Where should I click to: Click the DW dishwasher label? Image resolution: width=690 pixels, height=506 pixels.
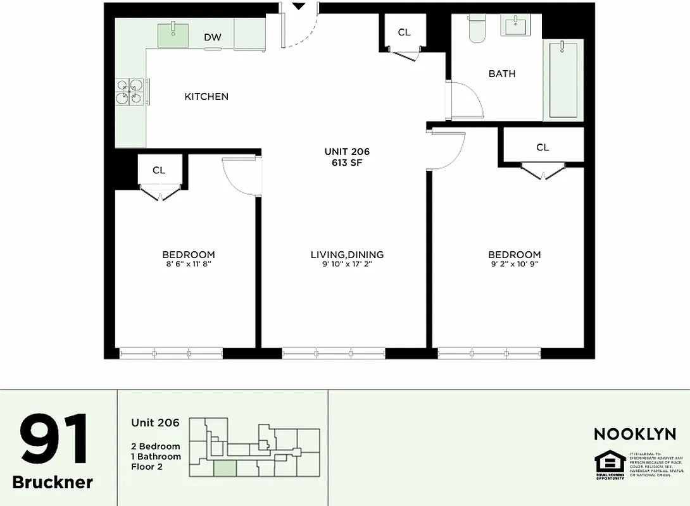point(213,37)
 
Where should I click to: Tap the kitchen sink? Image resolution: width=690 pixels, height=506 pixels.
point(172,34)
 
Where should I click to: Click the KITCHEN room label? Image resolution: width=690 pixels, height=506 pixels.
point(206,97)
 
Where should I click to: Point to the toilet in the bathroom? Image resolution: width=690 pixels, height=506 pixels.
point(477,28)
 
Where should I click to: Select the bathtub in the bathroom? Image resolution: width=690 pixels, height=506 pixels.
point(563,79)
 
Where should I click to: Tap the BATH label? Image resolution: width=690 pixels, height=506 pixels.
point(502,74)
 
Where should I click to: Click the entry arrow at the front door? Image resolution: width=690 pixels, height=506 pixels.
point(299,6)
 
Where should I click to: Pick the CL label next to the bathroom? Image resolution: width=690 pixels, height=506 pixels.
point(404,32)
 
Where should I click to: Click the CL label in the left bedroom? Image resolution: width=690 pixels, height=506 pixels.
point(159,170)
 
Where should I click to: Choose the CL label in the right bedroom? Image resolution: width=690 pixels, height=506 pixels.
point(543,147)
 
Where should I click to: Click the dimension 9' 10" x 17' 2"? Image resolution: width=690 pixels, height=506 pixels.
point(347,264)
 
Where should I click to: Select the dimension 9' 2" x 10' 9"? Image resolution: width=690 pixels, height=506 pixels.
point(514,264)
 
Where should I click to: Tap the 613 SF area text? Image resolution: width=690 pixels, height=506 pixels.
point(347,163)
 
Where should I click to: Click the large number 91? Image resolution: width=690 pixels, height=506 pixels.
point(53,441)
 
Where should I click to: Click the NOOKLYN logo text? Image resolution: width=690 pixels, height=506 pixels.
point(634,435)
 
